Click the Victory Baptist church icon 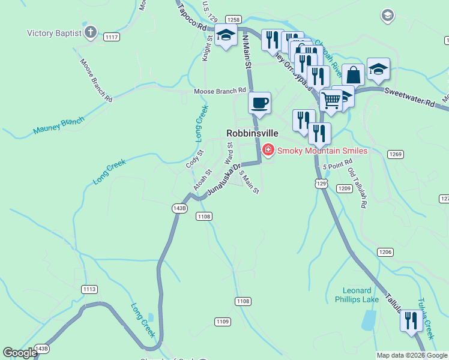[x=91, y=32]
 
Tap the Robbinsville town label [x=252, y=133]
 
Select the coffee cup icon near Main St [x=259, y=103]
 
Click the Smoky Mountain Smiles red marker [x=268, y=150]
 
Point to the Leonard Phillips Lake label [x=356, y=295]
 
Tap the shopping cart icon [x=331, y=100]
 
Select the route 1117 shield [x=111, y=37]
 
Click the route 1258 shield [x=234, y=20]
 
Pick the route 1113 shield [x=89, y=289]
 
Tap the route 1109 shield [x=222, y=322]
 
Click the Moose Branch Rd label [x=220, y=91]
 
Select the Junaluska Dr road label [x=223, y=179]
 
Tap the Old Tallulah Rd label [x=357, y=188]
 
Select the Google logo [x=20, y=353]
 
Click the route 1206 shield [x=385, y=252]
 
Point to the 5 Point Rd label [x=337, y=166]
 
